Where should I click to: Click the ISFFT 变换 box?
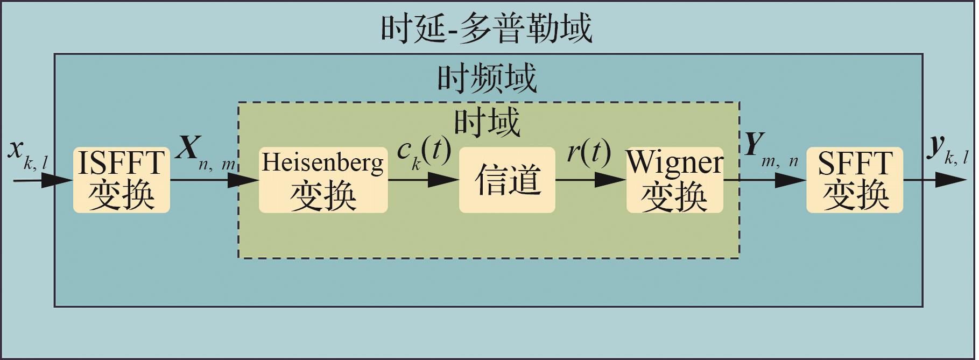point(121,180)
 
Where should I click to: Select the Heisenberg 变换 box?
point(323,180)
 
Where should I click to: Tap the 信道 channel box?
point(506,180)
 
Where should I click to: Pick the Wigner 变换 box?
point(674,180)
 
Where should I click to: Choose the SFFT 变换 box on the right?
point(854,180)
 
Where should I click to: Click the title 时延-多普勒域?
point(487,28)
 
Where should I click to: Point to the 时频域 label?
point(487,79)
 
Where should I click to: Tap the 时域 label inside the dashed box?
point(487,122)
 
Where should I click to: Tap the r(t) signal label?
point(589,152)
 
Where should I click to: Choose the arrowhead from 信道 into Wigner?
point(612,180)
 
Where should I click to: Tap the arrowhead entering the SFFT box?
point(792,180)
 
